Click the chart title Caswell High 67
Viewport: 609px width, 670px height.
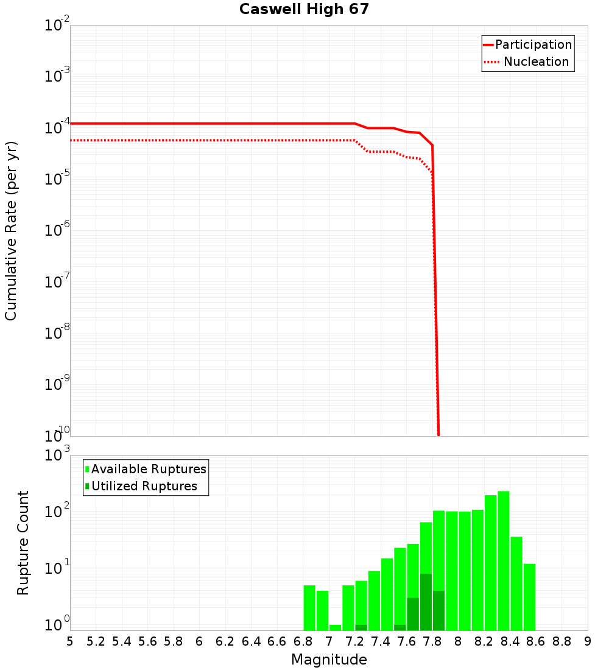pyautogui.click(x=304, y=9)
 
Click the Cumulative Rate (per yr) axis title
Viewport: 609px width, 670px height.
pyautogui.click(x=11, y=231)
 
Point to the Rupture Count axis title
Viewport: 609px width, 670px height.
pyautogui.click(x=23, y=543)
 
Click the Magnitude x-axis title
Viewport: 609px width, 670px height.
pyautogui.click(x=329, y=660)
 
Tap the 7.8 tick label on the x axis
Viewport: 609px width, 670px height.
pyautogui.click(x=432, y=641)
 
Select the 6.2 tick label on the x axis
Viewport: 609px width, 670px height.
pyautogui.click(x=225, y=641)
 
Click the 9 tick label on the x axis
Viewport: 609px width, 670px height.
pyautogui.click(x=587, y=641)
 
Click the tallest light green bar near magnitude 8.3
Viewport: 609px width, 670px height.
pyautogui.click(x=503, y=560)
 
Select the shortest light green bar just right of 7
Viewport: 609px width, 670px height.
pyautogui.click(x=335, y=627)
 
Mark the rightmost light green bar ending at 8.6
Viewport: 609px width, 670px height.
pyautogui.click(x=529, y=597)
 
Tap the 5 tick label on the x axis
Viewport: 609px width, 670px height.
pyautogui.click(x=70, y=641)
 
